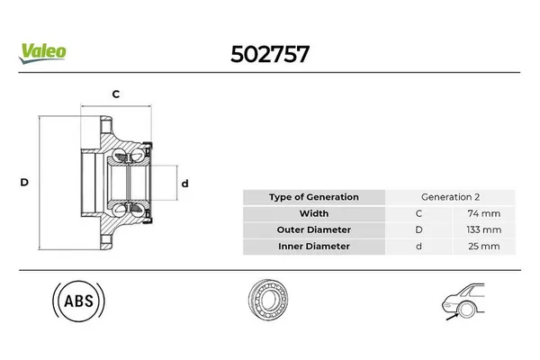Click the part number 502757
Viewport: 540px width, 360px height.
tap(269, 52)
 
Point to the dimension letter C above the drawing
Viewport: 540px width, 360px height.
tap(116, 94)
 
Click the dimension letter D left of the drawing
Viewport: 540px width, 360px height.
tap(24, 182)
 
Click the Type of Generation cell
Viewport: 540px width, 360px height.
tap(314, 197)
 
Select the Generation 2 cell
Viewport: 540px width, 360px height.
tap(451, 197)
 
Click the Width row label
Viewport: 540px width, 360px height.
tap(314, 213)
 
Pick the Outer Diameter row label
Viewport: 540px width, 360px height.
tap(314, 229)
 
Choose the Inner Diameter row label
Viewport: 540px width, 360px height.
tap(314, 246)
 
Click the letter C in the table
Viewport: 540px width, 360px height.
tap(418, 213)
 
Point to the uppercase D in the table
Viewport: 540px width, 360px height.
tap(418, 229)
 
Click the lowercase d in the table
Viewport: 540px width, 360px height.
tap(418, 246)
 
